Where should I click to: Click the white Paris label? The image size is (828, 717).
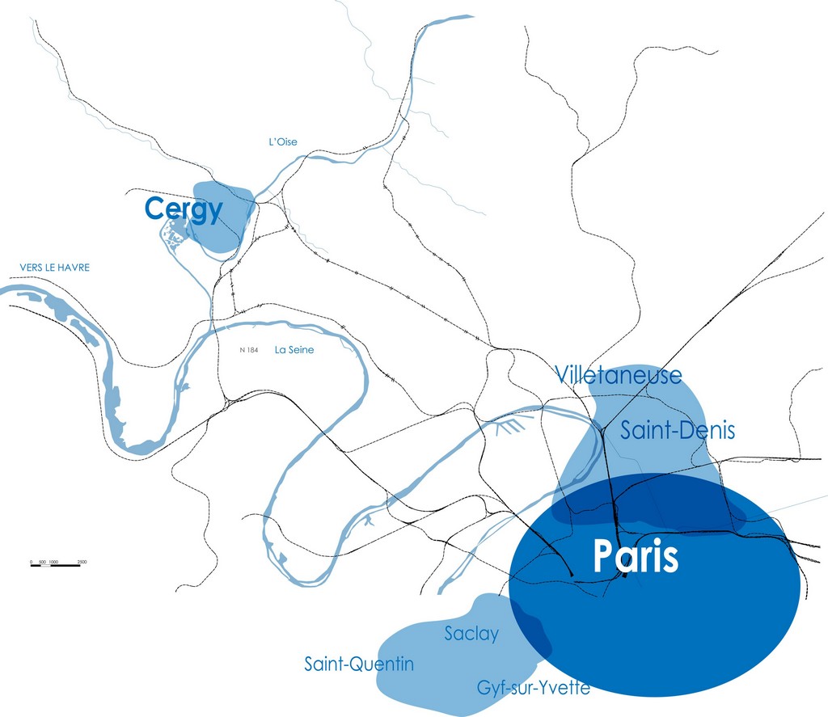[x=636, y=557]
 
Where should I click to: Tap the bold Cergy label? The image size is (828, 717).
[x=183, y=209]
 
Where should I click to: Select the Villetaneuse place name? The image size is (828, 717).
[x=619, y=375]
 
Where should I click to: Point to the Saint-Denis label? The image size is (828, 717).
[x=678, y=431]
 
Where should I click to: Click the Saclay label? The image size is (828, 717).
[x=471, y=634]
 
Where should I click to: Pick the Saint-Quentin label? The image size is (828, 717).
[x=359, y=664]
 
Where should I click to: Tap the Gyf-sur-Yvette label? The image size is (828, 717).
[x=533, y=689]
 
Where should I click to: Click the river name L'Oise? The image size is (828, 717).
[x=283, y=142]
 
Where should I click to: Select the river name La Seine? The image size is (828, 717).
[x=294, y=350]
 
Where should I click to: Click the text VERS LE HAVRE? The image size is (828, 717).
[x=55, y=268]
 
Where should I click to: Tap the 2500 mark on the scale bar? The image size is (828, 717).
[x=82, y=561]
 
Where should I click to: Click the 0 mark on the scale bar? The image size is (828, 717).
[x=32, y=561]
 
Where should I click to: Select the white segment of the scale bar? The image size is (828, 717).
[x=45, y=565]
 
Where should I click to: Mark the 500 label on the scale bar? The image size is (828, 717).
[x=42, y=561]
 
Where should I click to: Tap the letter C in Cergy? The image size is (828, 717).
[x=154, y=209]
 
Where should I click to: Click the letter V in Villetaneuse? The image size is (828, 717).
[x=562, y=375]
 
